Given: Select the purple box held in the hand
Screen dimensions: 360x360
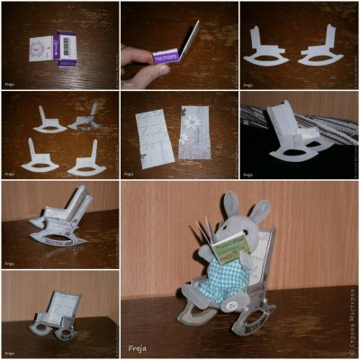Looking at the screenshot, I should [x=172, y=54].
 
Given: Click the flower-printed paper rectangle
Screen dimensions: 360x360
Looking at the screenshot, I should [x=194, y=136].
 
